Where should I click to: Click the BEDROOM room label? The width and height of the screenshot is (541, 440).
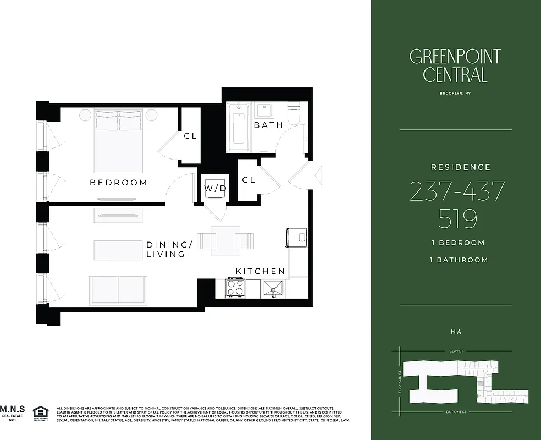coord(119,183)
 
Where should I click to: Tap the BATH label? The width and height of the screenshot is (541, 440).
coord(268,125)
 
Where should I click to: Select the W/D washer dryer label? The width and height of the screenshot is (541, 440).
coord(215,189)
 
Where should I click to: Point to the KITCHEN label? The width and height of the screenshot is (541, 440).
coord(261,271)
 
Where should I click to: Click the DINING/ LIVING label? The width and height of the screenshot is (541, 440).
coord(169,249)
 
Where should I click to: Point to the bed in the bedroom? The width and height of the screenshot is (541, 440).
coord(119,141)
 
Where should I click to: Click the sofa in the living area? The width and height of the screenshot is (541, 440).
coord(118,289)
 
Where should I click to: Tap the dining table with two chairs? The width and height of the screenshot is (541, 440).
coord(225,241)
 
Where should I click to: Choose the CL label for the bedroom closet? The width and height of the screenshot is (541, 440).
coord(190,136)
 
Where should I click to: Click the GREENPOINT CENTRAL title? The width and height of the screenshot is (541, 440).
coord(455,65)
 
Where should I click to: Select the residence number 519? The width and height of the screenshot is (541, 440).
coord(457,219)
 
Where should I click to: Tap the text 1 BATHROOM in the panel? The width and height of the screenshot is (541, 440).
coord(458,260)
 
